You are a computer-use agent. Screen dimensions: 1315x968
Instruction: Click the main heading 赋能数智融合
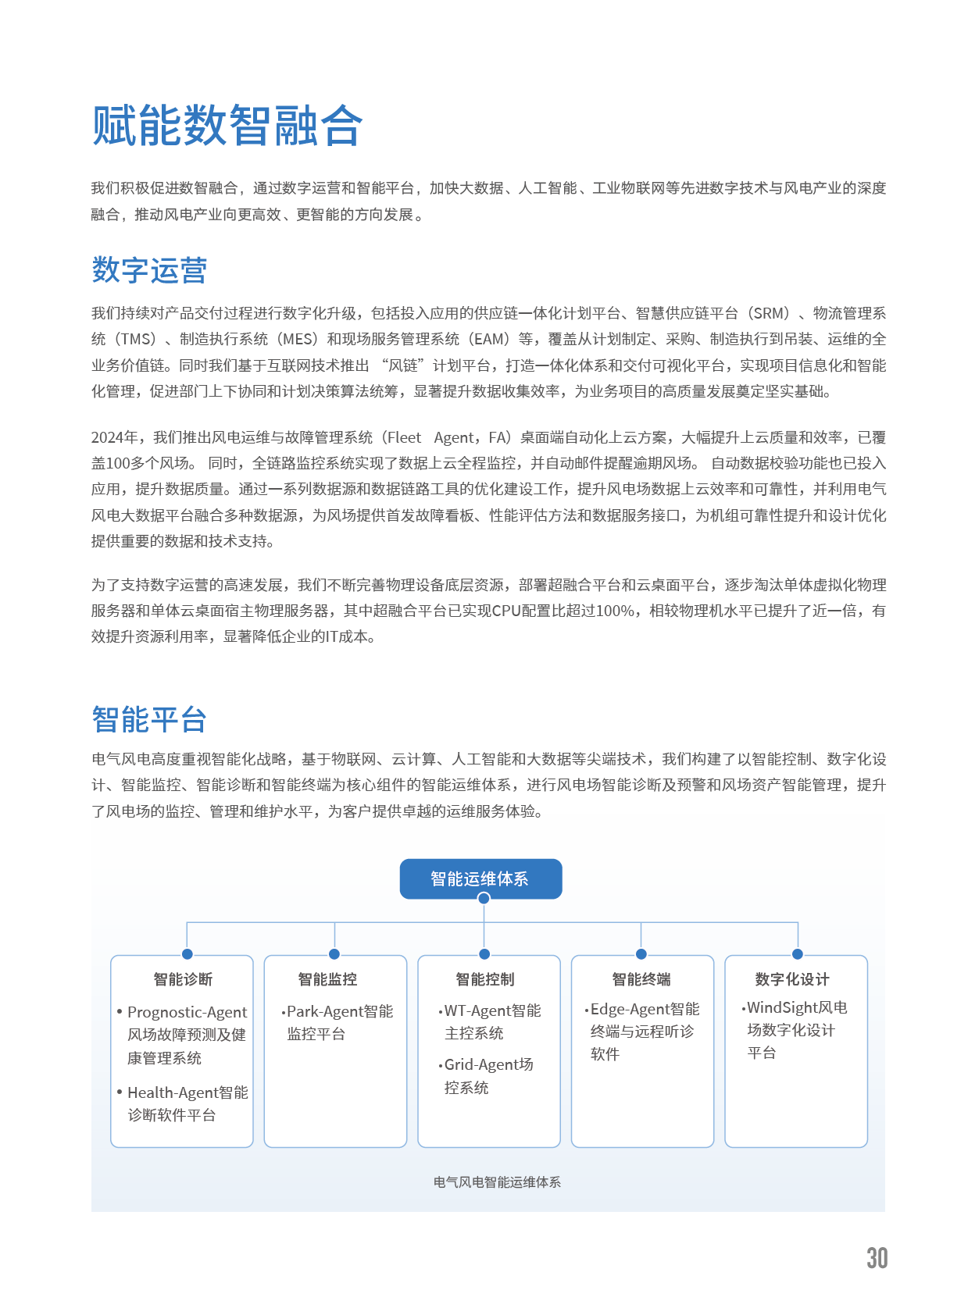pyautogui.click(x=227, y=126)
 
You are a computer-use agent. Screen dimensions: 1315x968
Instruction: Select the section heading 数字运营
pyautogui.click(x=149, y=270)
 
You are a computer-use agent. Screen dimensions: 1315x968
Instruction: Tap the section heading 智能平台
pyautogui.click(x=149, y=719)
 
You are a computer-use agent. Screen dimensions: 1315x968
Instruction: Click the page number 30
pyautogui.click(x=877, y=1258)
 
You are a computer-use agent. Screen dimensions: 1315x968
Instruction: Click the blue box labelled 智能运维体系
pyautogui.click(x=480, y=878)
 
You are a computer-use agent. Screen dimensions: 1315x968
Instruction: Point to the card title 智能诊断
pyautogui.click(x=183, y=979)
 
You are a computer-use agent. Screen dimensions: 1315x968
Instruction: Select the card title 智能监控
pyautogui.click(x=327, y=979)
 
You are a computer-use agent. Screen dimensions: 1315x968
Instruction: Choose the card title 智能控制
pyautogui.click(x=485, y=979)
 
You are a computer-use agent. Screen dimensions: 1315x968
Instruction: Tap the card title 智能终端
pyautogui.click(x=641, y=979)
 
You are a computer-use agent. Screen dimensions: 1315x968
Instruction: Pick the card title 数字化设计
pyautogui.click(x=792, y=979)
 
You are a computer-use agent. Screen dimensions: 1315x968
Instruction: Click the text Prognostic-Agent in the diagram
pyautogui.click(x=187, y=1013)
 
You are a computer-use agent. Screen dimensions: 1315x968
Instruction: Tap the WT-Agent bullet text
pyautogui.click(x=477, y=1010)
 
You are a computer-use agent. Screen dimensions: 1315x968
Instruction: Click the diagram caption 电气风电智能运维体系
pyautogui.click(x=497, y=1182)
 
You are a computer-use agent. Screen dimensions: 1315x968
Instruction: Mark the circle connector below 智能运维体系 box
pyautogui.click(x=484, y=899)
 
